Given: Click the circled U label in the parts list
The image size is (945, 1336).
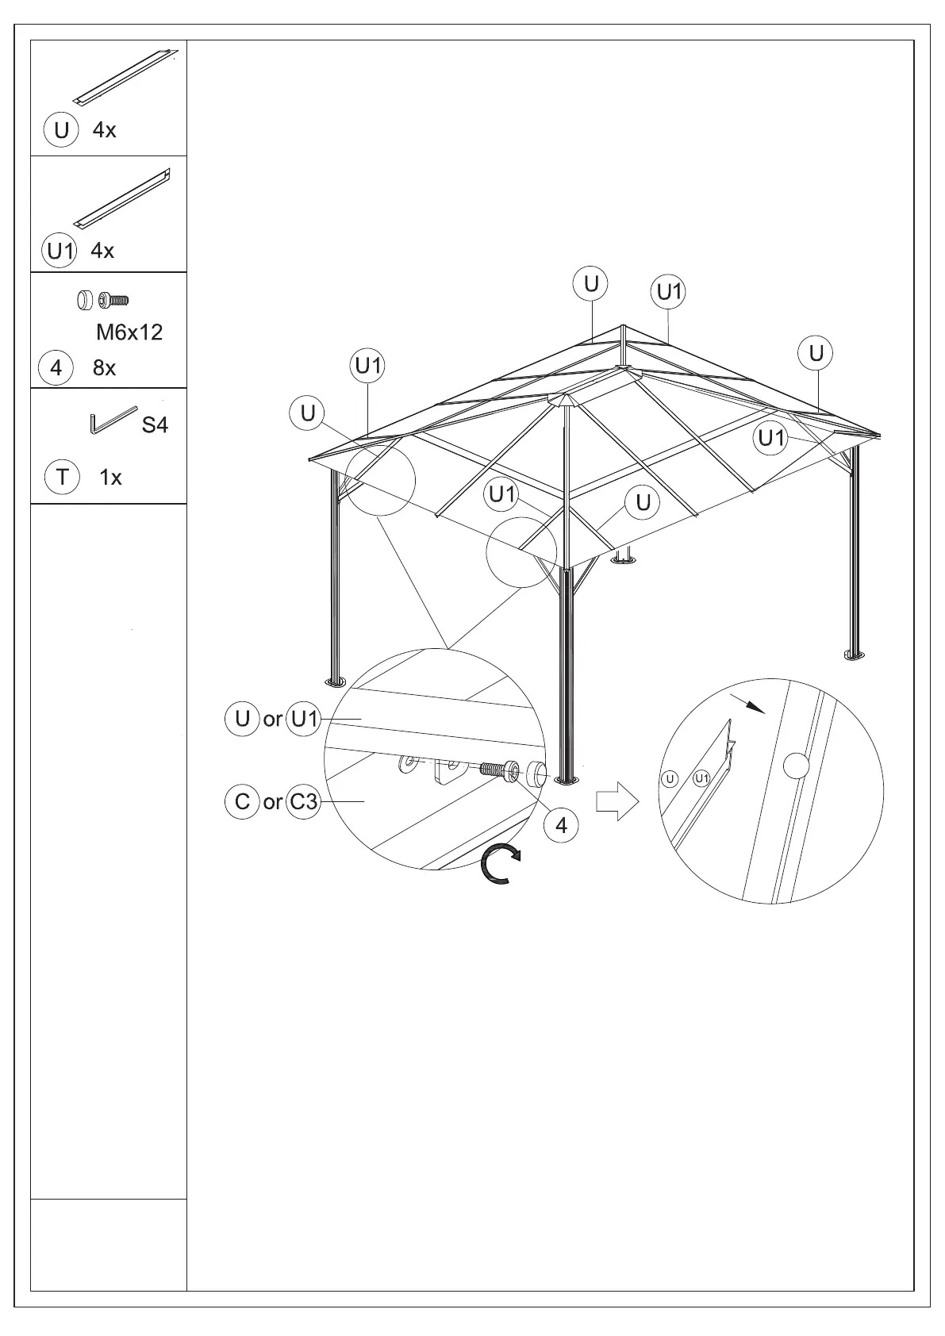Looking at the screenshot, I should click(61, 130).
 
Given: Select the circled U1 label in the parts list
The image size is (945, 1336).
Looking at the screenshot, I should click(60, 251).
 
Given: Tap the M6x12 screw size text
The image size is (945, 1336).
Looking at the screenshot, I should click(129, 332).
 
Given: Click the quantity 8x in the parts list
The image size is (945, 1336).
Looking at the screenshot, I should click(104, 368).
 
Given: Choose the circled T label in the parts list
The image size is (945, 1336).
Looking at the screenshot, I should click(62, 478).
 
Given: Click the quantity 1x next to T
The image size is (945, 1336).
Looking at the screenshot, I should click(110, 478).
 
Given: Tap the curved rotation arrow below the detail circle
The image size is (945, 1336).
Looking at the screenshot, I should click(500, 864).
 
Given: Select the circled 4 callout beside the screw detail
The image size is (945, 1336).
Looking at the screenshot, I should click(561, 826).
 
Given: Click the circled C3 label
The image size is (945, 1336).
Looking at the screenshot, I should click(303, 802).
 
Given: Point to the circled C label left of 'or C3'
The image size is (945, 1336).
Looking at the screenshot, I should click(242, 802).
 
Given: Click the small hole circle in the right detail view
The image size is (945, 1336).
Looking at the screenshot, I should click(796, 766).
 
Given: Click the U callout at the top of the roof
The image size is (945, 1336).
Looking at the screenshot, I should click(591, 284).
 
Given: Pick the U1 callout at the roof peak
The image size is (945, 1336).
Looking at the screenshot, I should click(669, 292).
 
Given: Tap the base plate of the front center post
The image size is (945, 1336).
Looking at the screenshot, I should click(566, 781).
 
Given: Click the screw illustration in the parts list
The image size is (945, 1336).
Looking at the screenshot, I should click(114, 300).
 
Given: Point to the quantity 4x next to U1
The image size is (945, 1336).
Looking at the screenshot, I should click(102, 251).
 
